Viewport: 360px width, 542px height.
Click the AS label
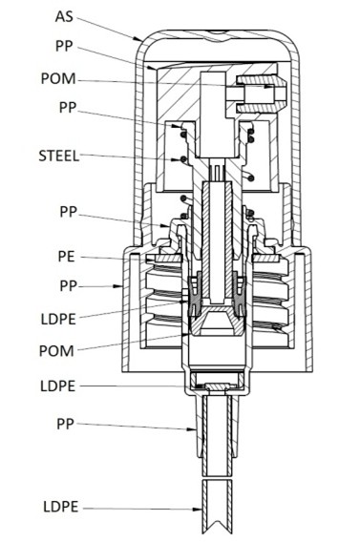tap(64, 16)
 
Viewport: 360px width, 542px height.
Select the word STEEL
tap(59, 156)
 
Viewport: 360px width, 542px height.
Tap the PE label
tap(66, 257)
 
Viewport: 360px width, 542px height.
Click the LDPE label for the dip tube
tap(61, 507)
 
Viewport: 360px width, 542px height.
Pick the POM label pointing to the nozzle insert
tap(57, 78)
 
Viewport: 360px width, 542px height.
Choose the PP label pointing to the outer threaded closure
tap(68, 286)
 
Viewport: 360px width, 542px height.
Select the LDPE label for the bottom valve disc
tap(57, 386)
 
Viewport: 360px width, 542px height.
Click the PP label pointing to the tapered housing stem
tap(65, 424)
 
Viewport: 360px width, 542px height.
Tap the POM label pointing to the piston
tap(56, 351)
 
